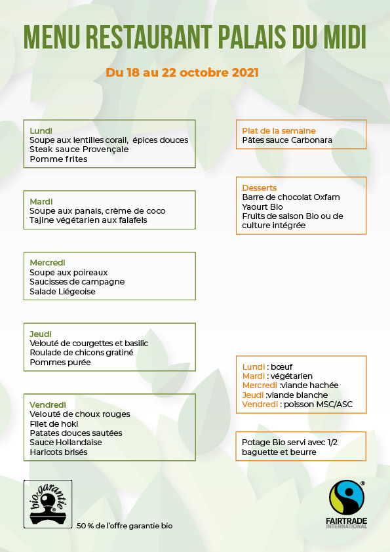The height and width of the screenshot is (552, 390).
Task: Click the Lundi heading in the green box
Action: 41,130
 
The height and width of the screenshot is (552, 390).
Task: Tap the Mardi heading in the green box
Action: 41,201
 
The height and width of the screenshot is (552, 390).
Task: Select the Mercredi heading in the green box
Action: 47,262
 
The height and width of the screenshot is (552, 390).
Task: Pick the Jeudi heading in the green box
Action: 41,334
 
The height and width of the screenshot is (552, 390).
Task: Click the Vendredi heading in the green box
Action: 47,404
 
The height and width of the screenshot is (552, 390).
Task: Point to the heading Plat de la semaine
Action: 279,130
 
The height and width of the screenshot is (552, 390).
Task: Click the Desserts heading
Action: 260,187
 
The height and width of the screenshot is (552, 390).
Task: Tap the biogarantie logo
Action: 48,503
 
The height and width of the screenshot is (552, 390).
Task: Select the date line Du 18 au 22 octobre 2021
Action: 182,72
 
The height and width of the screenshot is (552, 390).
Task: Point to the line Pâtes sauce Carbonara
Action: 287,140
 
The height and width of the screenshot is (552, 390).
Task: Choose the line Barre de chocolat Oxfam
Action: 291,197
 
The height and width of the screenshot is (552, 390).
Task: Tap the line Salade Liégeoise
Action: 62,291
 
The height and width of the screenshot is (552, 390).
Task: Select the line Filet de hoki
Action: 54,424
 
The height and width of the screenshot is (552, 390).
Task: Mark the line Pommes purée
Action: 60,362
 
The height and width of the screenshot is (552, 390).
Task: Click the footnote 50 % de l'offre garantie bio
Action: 125,526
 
